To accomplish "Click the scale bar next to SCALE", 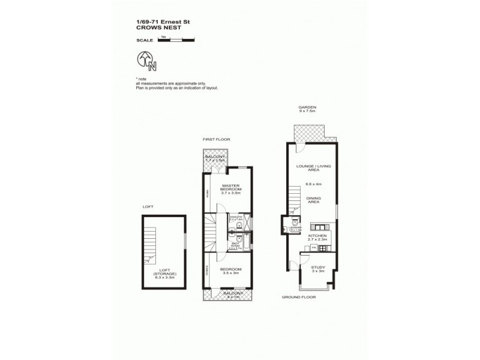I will point(176,40).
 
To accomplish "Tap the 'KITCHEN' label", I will point(317,236).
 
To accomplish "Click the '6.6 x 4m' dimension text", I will point(314,185).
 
